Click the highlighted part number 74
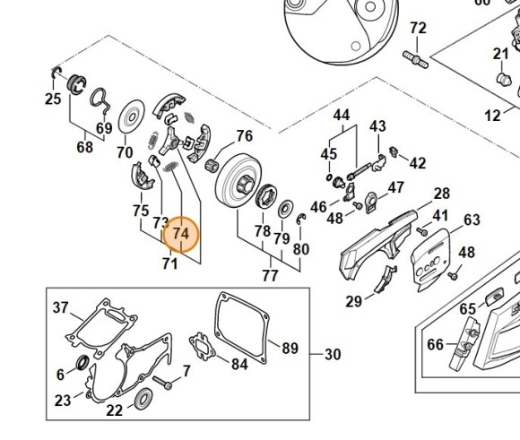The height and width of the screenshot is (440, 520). click(x=181, y=234)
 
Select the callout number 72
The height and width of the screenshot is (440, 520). click(x=418, y=29)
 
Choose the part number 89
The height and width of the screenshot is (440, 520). click(x=290, y=348)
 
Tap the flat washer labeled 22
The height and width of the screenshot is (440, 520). click(x=141, y=397)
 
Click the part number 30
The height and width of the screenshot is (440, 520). click(x=332, y=355)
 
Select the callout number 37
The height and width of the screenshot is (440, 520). click(x=60, y=308)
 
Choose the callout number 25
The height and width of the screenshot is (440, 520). click(x=53, y=99)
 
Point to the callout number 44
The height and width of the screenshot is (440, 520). click(x=341, y=116)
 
